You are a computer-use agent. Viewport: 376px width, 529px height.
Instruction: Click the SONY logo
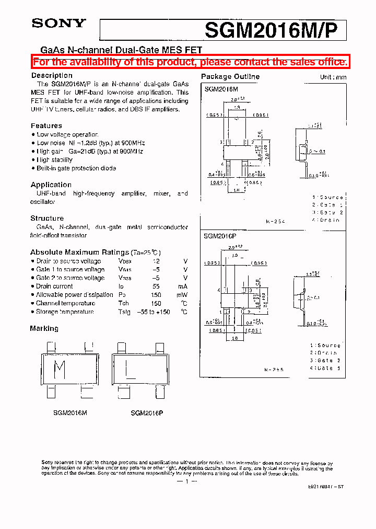tap(58, 23)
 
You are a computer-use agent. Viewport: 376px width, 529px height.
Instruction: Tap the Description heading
tap(52, 75)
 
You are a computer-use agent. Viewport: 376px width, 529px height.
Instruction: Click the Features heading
tap(46, 125)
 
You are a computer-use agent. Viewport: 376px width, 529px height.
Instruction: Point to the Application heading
tap(51, 185)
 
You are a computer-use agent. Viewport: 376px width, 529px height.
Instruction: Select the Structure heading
tap(47, 218)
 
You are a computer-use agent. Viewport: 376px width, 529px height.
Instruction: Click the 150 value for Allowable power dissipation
tap(156, 295)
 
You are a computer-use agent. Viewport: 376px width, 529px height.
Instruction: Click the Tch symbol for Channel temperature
tap(124, 303)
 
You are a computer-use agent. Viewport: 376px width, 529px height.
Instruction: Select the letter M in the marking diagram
tap(61, 370)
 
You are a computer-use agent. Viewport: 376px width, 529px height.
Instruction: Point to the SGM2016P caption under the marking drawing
tap(147, 412)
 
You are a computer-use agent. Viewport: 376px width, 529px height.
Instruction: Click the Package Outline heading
tap(230, 76)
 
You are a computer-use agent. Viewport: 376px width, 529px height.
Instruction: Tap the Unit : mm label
tap(333, 77)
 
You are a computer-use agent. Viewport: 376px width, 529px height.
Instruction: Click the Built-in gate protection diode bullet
tap(76, 168)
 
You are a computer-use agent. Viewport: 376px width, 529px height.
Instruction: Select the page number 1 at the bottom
tap(186, 481)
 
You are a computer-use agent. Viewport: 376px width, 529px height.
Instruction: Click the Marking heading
tap(44, 328)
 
